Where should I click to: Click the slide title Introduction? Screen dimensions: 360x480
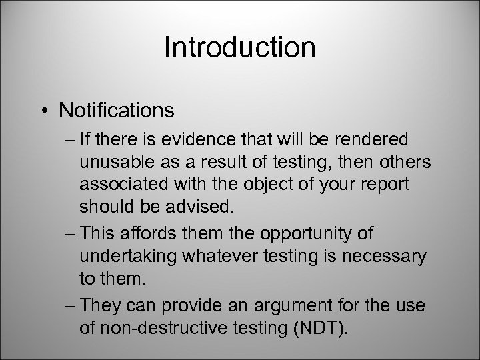point(239,47)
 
